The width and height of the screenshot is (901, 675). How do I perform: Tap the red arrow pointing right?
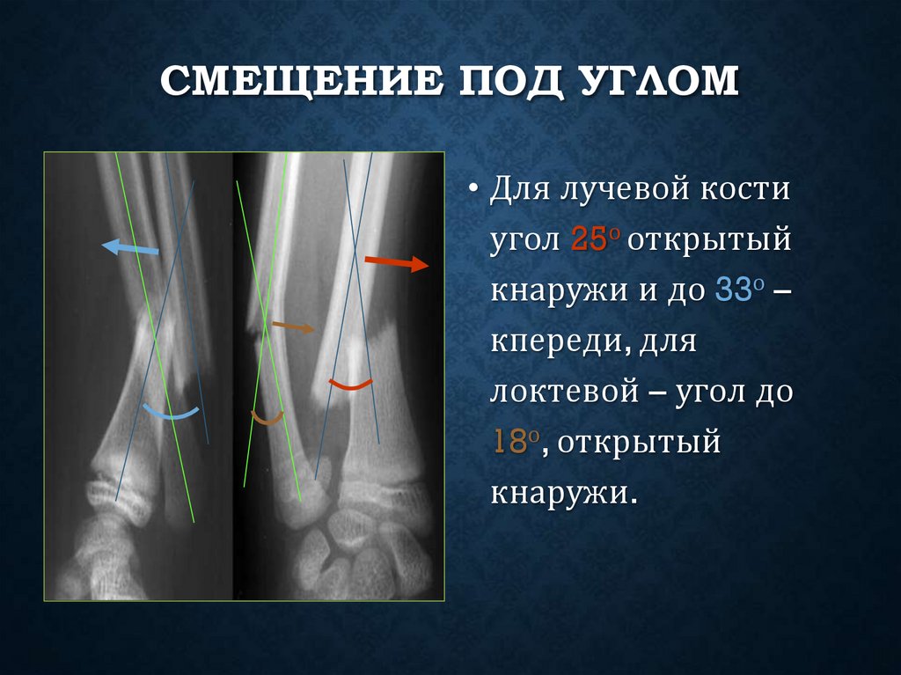[x=395, y=262]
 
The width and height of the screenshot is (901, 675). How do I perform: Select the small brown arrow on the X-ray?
[x=292, y=327]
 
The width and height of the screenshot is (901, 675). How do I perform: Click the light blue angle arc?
[x=172, y=412]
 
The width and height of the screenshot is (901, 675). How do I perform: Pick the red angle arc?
[x=350, y=385]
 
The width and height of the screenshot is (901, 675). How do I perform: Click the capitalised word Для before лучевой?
[x=518, y=189]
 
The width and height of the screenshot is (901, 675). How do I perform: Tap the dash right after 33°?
[x=780, y=290]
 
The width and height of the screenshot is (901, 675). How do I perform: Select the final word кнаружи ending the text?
[x=562, y=491]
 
